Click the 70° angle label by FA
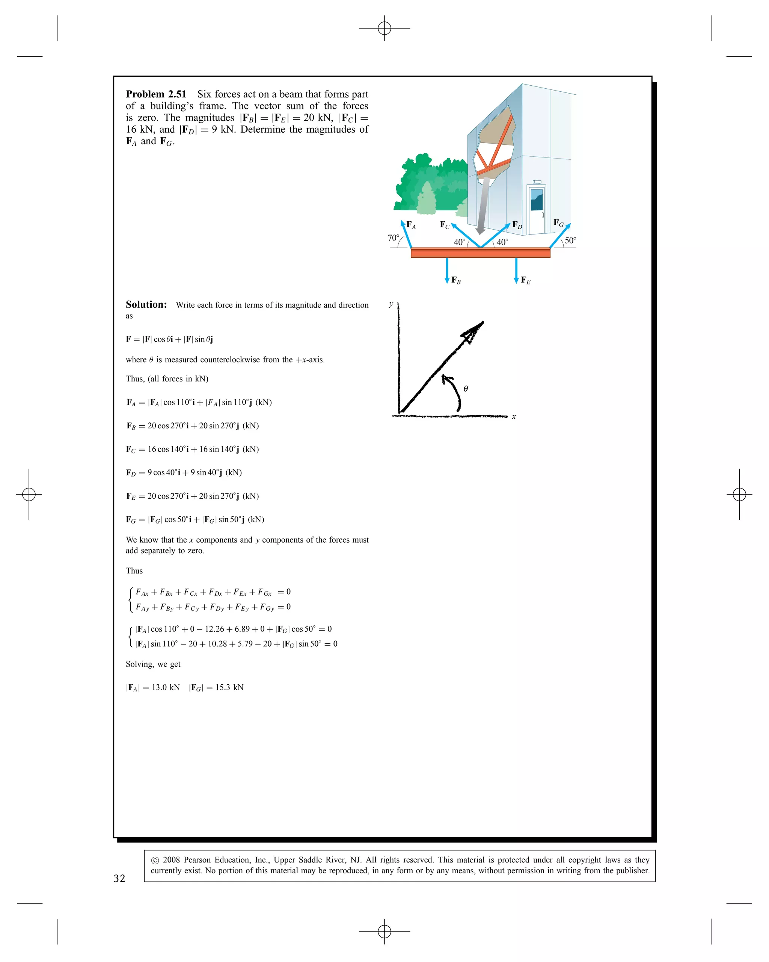pyautogui.click(x=393, y=238)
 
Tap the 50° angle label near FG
pyautogui.click(x=570, y=240)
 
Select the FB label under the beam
pyautogui.click(x=455, y=280)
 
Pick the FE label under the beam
pyautogui.click(x=526, y=280)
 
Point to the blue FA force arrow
pyautogui.click(x=406, y=234)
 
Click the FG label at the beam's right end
pyautogui.click(x=558, y=223)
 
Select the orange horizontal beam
pyautogui.click(x=480, y=253)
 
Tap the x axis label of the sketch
pyautogui.click(x=514, y=417)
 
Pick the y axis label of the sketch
pyautogui.click(x=391, y=304)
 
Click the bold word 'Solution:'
pyautogui.click(x=146, y=305)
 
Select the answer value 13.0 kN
pyautogui.click(x=165, y=687)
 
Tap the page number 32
pyautogui.click(x=119, y=878)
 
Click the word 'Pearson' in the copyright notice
pyautogui.click(x=198, y=859)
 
